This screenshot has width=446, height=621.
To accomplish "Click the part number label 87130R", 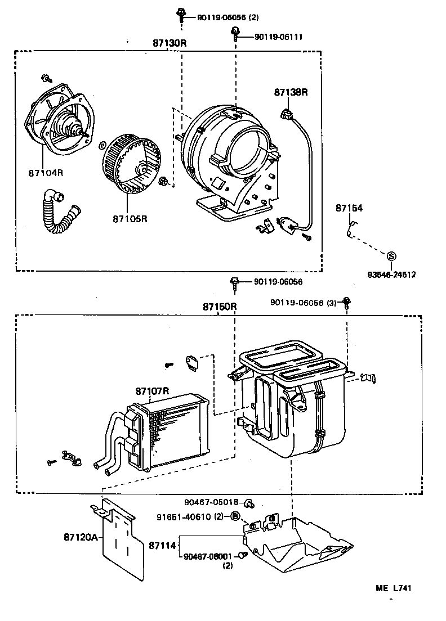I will pos(170,43).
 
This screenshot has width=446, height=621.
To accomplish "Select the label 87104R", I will pos(46,172).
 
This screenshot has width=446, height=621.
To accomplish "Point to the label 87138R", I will pos(291,92).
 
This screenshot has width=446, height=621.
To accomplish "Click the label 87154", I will pos(349,208).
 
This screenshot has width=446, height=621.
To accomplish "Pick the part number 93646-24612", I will pos(391,274).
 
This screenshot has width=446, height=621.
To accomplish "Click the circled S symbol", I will pos(391,256).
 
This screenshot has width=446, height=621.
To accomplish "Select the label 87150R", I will pos(220,307).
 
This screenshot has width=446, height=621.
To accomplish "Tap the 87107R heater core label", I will pos(153,390).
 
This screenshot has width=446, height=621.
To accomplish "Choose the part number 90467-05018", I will pos(212,502).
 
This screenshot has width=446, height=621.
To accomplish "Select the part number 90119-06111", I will pos(279,37).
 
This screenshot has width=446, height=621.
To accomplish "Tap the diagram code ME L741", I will pos(394,588).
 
